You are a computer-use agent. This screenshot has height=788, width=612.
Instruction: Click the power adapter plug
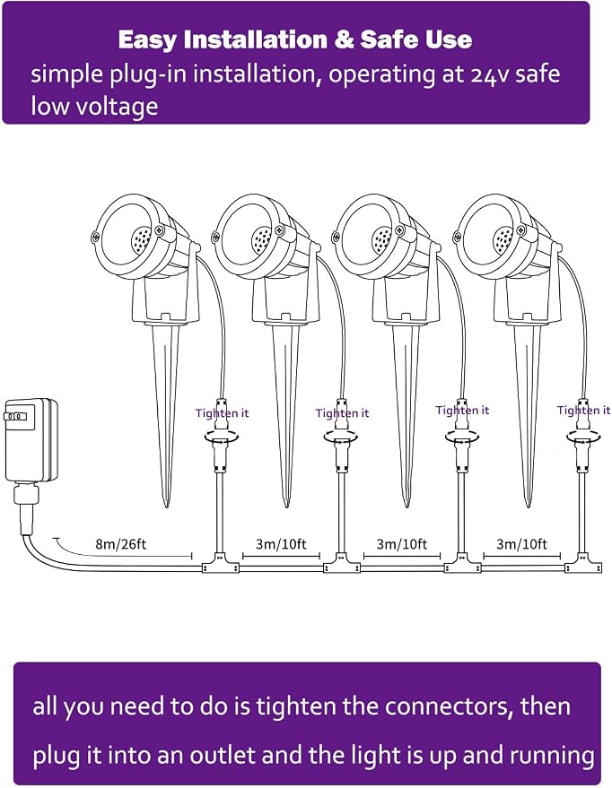31,441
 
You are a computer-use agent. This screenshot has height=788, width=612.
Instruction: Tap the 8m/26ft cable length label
120,544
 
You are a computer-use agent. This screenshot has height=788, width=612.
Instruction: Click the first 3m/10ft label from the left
281,544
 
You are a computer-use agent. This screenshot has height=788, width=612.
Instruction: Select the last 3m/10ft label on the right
521,544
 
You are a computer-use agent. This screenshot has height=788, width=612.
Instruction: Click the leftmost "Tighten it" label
222,413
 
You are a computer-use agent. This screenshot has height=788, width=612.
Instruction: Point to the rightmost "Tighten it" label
583,410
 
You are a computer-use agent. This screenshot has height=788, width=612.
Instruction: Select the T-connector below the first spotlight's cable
220,564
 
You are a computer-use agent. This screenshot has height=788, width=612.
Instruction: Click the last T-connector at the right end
582,564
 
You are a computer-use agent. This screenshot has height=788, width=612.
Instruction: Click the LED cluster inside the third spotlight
381,239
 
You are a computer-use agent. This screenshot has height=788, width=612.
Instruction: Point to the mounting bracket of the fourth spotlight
527,300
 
